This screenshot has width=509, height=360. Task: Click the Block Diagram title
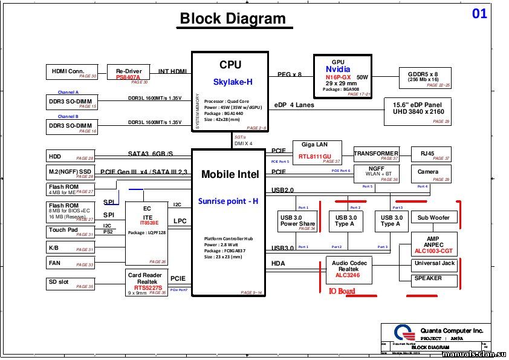coord(233,19)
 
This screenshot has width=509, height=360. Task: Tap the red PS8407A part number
coord(128,77)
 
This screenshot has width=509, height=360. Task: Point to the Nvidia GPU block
coord(342,76)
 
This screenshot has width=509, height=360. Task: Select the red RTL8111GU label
coord(314,157)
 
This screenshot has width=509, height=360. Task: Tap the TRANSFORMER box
coord(376,154)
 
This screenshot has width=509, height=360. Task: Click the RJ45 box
coord(430,154)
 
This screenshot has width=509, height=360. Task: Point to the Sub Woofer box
coord(433,218)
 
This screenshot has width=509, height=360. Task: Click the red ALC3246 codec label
coord(347,275)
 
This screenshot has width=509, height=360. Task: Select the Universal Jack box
coord(435,264)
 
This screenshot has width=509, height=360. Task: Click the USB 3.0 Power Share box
coord(297,221)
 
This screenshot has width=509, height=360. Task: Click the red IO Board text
coord(342,292)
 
